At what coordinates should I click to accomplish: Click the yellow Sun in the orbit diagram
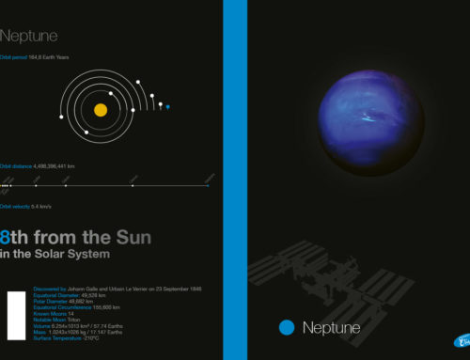pyautogui.click(x=101, y=110)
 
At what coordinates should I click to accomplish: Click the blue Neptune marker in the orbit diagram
pyautogui.click(x=168, y=108)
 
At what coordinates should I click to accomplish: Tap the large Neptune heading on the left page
pyautogui.click(x=29, y=37)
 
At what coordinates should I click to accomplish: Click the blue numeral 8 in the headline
pyautogui.click(x=8, y=238)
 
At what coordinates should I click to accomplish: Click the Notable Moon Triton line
pyautogui.click(x=57, y=318)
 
